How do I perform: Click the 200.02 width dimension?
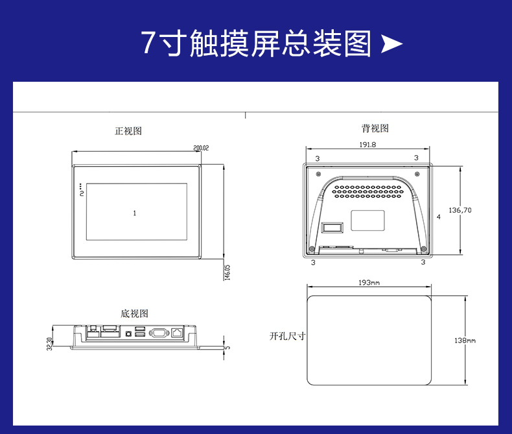click(201, 148)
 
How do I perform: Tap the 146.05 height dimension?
click(227, 272)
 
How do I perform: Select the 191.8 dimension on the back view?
click(367, 145)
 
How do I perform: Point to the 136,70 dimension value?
click(460, 210)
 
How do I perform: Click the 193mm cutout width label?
click(369, 282)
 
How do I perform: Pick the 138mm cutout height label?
click(465, 340)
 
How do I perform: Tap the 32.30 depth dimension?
click(49, 344)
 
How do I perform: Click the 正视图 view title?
click(128, 131)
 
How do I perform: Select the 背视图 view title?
click(375, 128)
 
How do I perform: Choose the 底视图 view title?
click(134, 314)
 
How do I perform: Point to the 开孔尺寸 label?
click(287, 336)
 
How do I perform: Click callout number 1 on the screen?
click(135, 213)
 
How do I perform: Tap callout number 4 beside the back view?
click(439, 217)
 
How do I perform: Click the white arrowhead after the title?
click(391, 43)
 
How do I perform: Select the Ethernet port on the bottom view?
click(178, 332)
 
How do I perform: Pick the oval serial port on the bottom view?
click(159, 333)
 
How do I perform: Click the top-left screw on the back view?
click(318, 174)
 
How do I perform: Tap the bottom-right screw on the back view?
click(423, 248)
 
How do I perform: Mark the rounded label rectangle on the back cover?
click(367, 221)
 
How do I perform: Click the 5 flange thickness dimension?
click(228, 348)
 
